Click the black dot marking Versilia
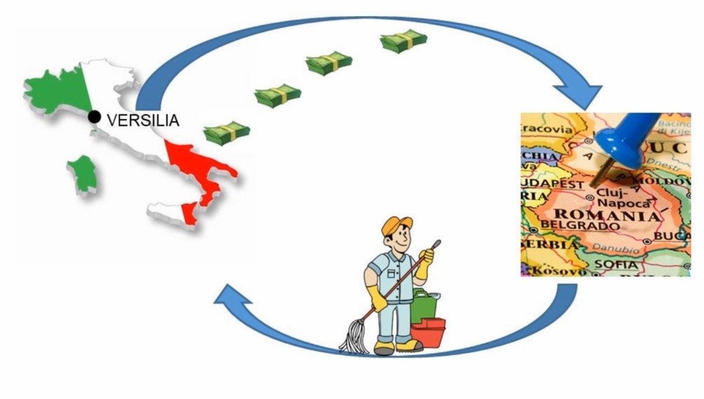[x=95, y=117]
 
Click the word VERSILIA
[x=143, y=120]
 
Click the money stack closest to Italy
[x=226, y=134]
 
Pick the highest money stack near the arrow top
[x=403, y=41]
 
